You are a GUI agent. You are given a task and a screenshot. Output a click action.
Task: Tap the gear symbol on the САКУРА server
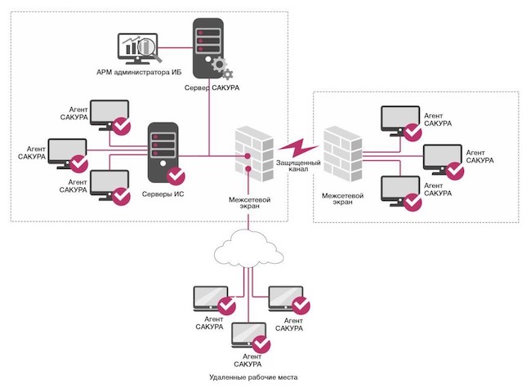pyautogui.click(x=219, y=65)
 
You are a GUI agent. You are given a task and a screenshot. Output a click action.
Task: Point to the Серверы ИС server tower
pyautogui.click(x=162, y=149)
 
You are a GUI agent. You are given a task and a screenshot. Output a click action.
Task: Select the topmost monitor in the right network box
pyautogui.click(x=400, y=119)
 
